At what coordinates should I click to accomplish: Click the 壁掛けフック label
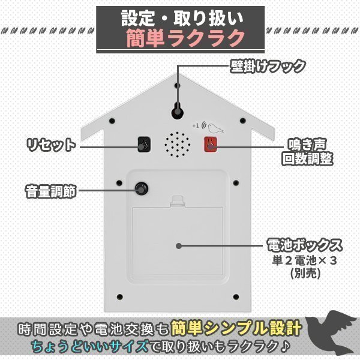click(268, 65)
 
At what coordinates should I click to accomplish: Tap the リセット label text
click(51, 145)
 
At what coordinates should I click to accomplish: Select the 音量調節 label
click(50, 192)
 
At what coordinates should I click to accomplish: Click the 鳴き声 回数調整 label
click(307, 152)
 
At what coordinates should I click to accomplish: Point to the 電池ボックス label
click(304, 245)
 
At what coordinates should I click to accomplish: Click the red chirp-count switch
click(211, 145)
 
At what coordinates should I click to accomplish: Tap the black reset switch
click(143, 145)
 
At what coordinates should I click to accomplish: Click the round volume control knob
click(142, 188)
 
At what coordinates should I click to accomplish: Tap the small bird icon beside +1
click(215, 128)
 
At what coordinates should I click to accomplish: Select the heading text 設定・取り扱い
click(180, 17)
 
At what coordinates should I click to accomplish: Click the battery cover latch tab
click(178, 200)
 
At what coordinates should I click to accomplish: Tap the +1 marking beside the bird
click(196, 126)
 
